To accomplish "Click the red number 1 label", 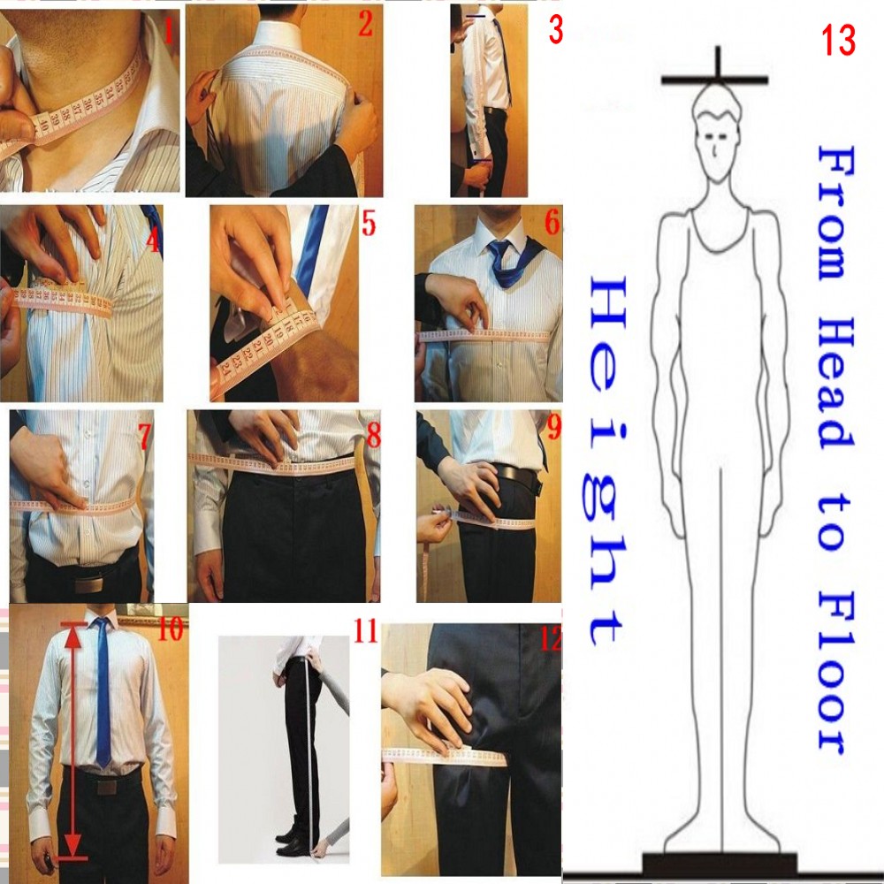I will (171, 33).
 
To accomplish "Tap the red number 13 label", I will (838, 41).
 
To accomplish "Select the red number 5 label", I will (369, 225).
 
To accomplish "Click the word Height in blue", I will (608, 460).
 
